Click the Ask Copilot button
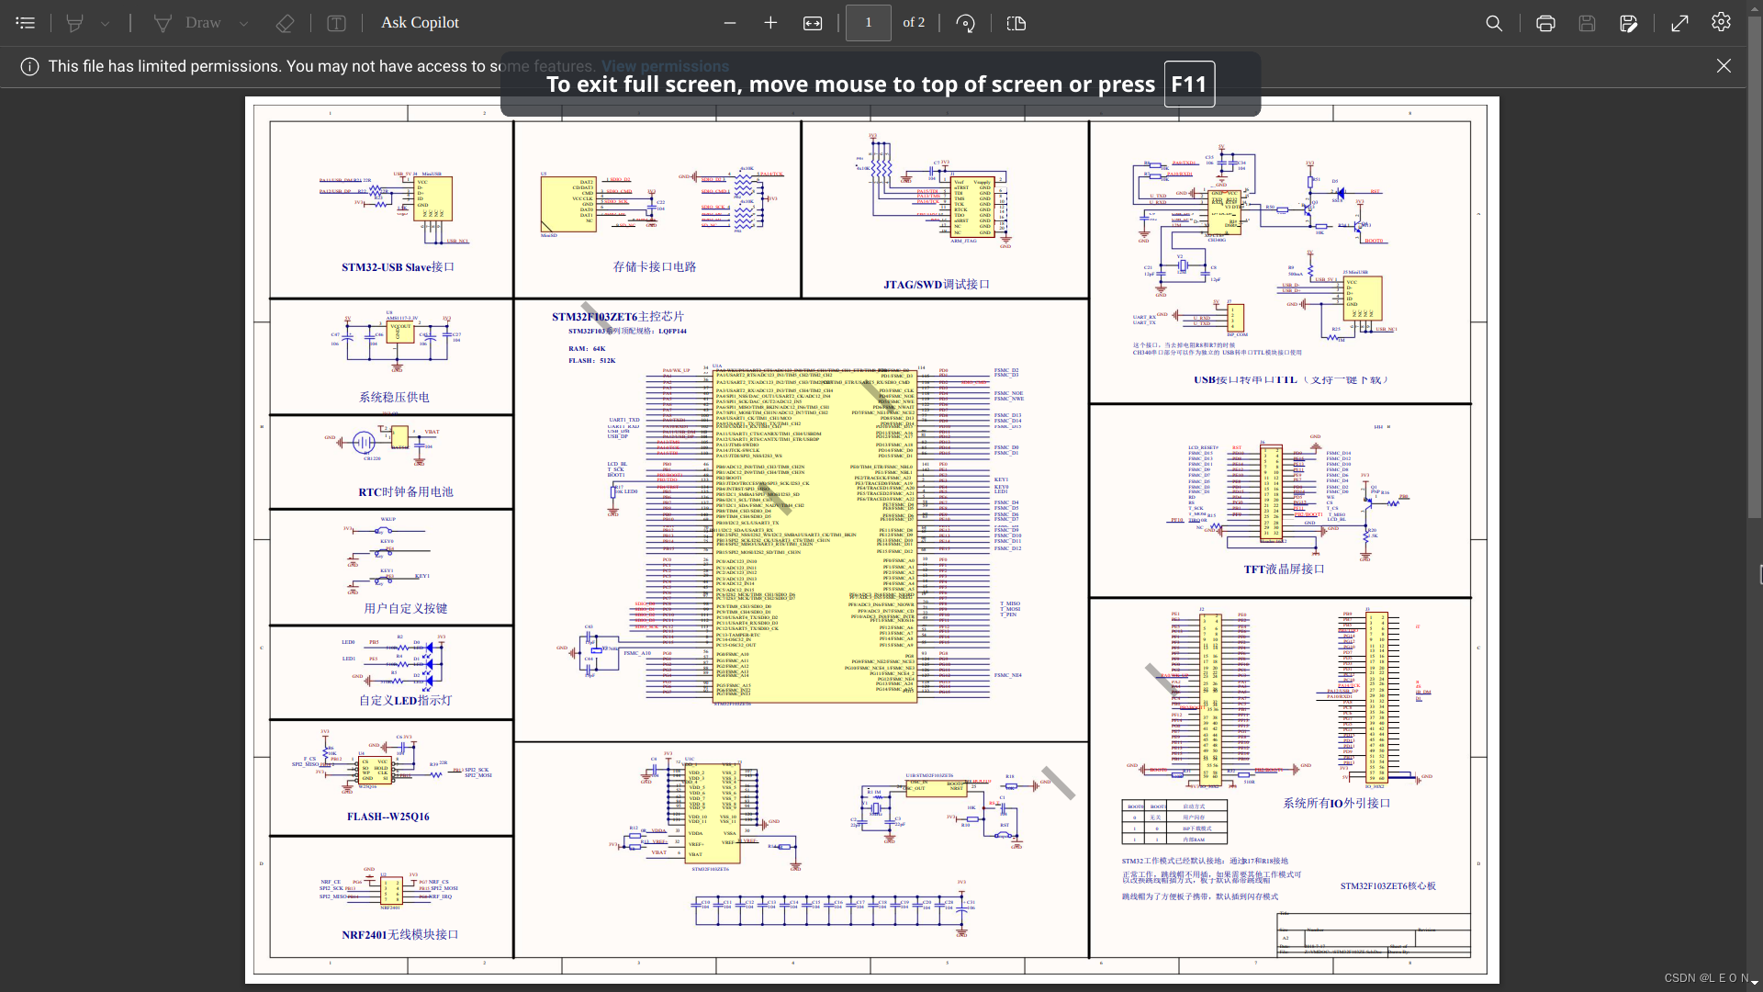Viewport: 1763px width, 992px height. pyautogui.click(x=420, y=23)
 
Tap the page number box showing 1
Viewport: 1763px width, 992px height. pyautogui.click(x=868, y=23)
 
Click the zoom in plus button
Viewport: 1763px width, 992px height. pyautogui.click(x=770, y=23)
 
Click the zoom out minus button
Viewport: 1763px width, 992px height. pyautogui.click(x=730, y=23)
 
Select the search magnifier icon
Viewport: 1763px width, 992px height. pyautogui.click(x=1494, y=23)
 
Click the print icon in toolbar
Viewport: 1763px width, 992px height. pyautogui.click(x=1545, y=23)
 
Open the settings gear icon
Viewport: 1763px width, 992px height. pyautogui.click(x=1721, y=22)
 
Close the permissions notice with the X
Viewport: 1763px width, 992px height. pyautogui.click(x=1724, y=66)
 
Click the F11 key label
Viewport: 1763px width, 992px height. pyautogui.click(x=1189, y=85)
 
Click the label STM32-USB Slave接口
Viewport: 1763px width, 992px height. pyautogui.click(x=398, y=267)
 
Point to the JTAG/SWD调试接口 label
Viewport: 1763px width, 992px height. pyautogui.click(x=937, y=285)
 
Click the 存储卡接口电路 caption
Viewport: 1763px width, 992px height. pyautogui.click(x=655, y=267)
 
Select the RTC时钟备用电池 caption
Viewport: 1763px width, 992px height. pyautogui.click(x=406, y=492)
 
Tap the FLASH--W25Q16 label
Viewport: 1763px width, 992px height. pyautogui.click(x=387, y=817)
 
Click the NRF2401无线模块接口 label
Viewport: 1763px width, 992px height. pyautogui.click(x=399, y=935)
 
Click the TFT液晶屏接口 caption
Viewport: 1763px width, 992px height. pyautogui.click(x=1284, y=569)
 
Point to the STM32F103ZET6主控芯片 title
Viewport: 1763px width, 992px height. pyautogui.click(x=617, y=317)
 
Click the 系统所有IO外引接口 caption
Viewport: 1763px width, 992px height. pyautogui.click(x=1336, y=804)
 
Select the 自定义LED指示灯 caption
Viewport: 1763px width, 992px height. pyautogui.click(x=405, y=701)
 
